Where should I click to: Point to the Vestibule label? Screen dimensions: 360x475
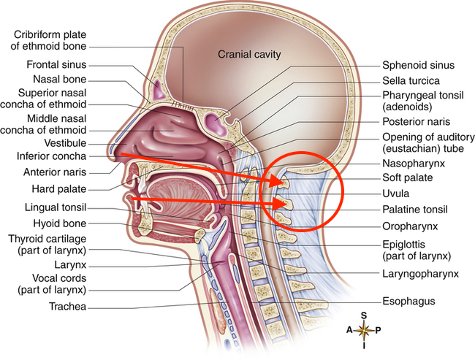[65, 143]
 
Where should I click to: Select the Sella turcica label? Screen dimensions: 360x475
[411, 80]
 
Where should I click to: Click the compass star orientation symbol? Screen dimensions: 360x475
[363, 329]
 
